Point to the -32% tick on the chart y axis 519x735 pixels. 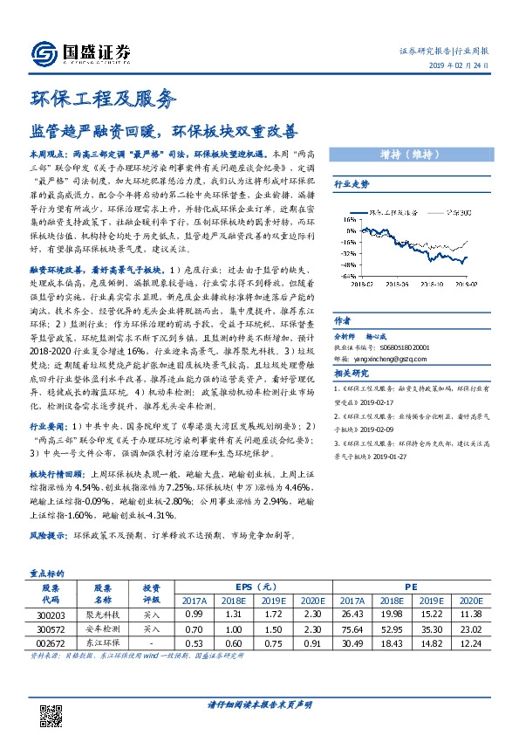tap(348, 237)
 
